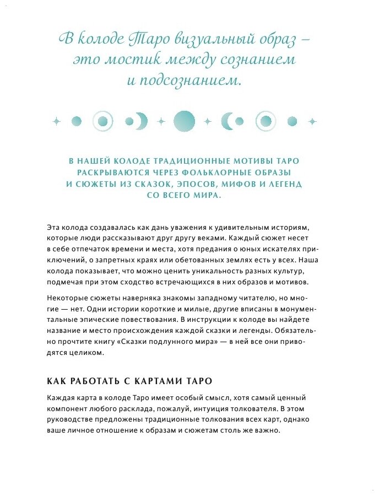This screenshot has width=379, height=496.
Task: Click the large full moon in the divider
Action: tap(184, 121)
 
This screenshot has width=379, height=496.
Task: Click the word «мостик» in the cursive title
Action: tap(140, 60)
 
